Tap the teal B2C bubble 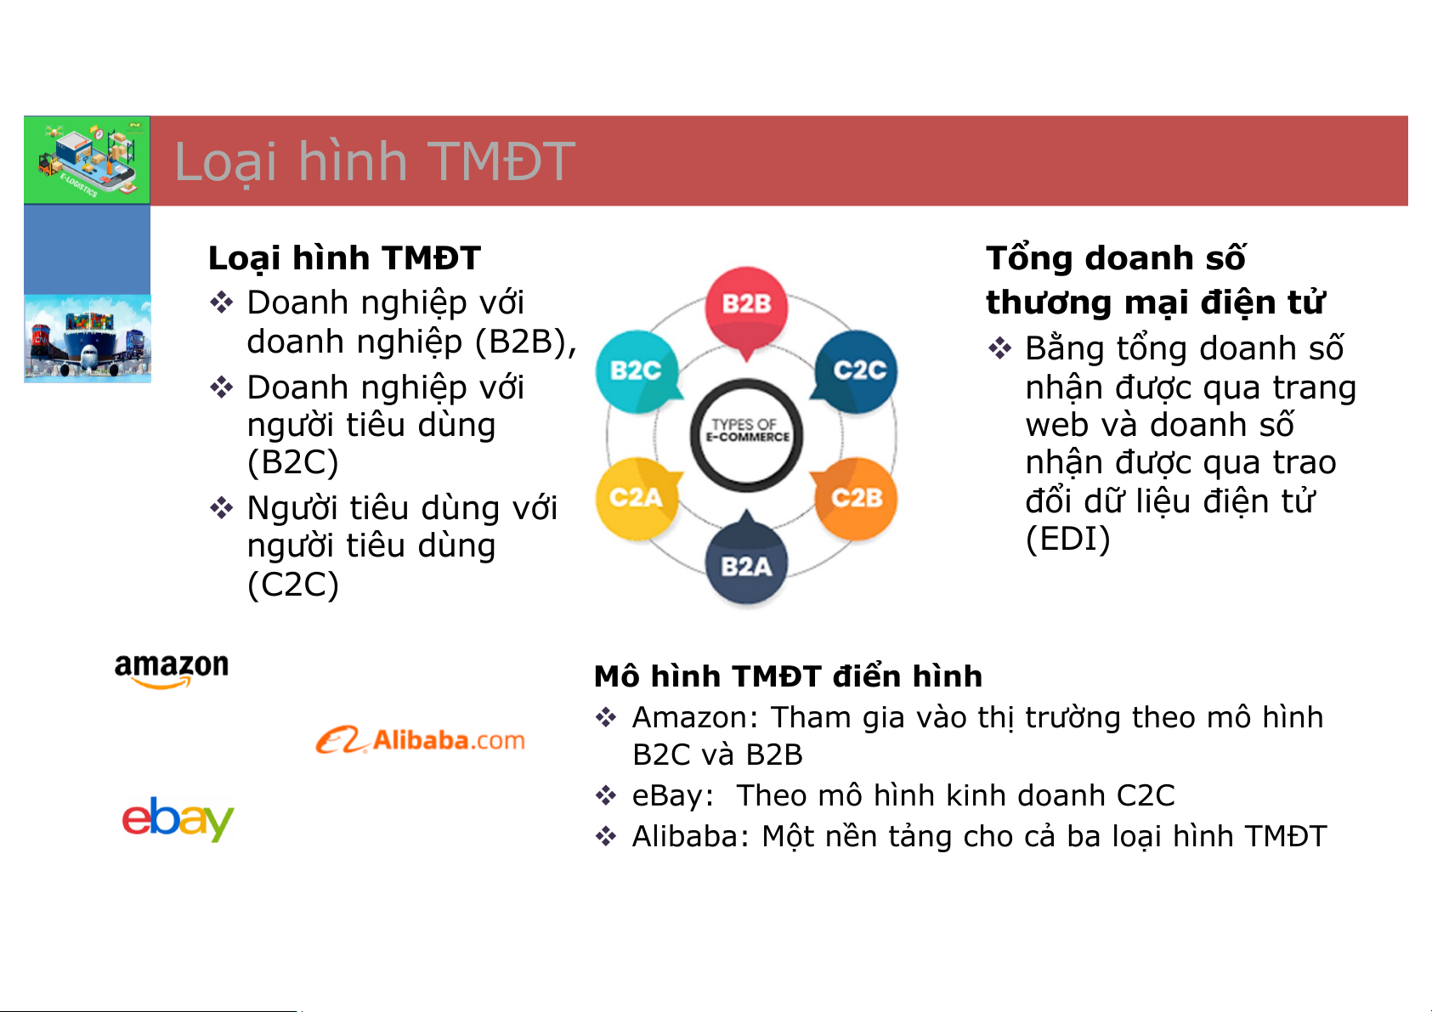coord(637,371)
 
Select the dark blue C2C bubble coord(856,371)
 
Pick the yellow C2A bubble coord(637,498)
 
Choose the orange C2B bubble coord(856,498)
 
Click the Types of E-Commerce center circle coord(746,435)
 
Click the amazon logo coord(172,670)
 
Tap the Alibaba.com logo coord(420,740)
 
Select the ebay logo coord(178,818)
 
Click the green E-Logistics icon coord(87,160)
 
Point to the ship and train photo coord(88,338)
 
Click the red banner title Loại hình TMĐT coord(375,161)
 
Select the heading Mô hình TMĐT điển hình coord(788,676)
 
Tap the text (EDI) coord(1067,538)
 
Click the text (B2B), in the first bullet coord(525,342)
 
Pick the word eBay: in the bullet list coord(672,796)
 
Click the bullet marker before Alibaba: coord(606,836)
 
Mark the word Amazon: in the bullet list coord(695,717)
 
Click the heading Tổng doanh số coord(1116,258)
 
